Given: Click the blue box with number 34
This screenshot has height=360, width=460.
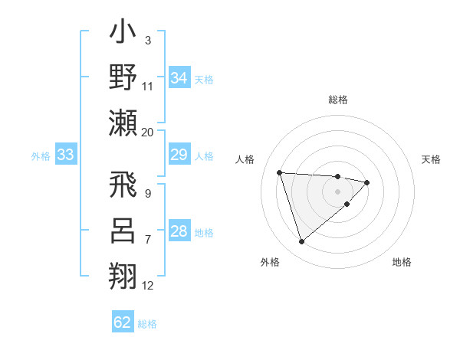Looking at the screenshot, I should [x=179, y=78].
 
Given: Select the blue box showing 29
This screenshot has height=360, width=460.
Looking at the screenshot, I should [x=179, y=155].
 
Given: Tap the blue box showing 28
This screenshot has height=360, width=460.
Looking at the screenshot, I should [x=179, y=231].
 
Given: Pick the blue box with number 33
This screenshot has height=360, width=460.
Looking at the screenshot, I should [x=66, y=155].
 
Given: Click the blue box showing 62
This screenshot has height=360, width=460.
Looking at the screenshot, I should [x=123, y=322].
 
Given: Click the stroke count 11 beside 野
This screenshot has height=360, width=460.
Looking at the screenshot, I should [x=148, y=87].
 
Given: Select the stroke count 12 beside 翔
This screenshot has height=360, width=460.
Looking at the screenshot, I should [x=148, y=286].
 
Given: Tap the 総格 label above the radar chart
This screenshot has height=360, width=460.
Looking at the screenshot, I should [x=338, y=100].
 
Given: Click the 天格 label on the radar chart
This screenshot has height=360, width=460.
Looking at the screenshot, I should [x=432, y=159].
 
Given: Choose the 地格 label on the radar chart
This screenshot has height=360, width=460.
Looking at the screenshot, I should [x=402, y=262].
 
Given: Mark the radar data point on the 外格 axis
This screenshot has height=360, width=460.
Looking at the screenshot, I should [x=301, y=242].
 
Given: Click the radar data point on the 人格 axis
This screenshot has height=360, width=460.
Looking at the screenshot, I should [x=280, y=172].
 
